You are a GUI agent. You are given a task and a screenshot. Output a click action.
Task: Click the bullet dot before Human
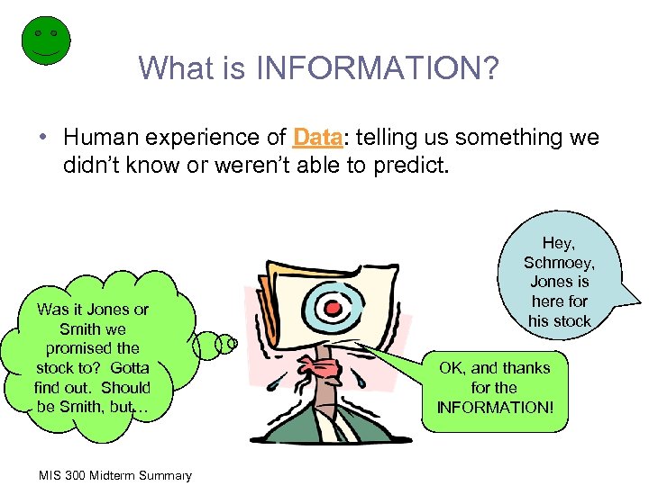(43, 138)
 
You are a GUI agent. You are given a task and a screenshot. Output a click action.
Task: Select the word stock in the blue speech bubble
(572, 320)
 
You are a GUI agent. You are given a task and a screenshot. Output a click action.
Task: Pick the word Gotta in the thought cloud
(129, 367)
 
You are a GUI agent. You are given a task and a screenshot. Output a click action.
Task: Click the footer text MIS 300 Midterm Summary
(114, 474)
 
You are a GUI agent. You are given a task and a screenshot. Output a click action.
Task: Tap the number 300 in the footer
(78, 474)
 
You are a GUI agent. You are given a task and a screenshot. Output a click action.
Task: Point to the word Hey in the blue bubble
(558, 242)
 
